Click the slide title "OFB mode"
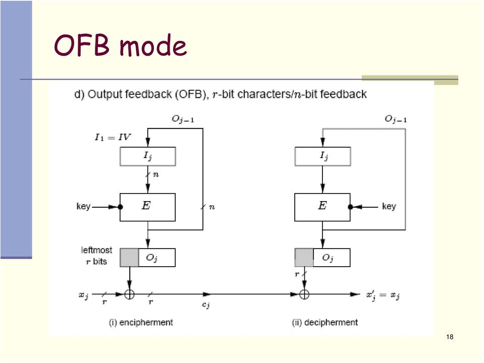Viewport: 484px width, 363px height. (121, 45)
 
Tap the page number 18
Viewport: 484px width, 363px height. (450, 337)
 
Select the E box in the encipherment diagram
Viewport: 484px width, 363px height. (147, 207)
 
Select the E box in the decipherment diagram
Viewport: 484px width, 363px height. (322, 207)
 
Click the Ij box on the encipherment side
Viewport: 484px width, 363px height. (147, 156)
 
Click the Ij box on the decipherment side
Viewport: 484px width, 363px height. (322, 156)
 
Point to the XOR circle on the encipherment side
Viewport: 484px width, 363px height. (129, 294)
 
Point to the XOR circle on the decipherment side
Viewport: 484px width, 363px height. (304, 294)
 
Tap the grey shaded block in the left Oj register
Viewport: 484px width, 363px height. (129, 258)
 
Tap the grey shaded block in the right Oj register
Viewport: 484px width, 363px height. (304, 258)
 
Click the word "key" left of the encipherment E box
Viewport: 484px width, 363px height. (83, 206)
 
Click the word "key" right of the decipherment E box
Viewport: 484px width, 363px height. (389, 206)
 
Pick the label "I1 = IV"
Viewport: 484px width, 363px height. (113, 137)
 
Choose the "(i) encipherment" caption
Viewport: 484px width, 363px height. (141, 322)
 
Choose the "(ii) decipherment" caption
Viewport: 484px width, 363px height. (325, 322)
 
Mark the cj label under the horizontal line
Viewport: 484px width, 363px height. (206, 305)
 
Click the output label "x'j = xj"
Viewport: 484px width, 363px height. (383, 295)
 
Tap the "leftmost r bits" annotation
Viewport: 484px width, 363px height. (96, 256)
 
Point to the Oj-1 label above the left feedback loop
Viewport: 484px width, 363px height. (183, 119)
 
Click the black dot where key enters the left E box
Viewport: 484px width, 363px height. (121, 207)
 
